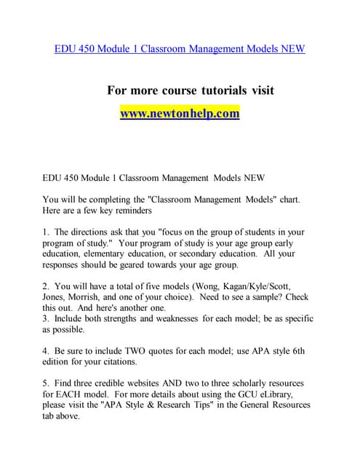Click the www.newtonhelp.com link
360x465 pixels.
pos(180,114)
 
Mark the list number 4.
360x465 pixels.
pos(46,351)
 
